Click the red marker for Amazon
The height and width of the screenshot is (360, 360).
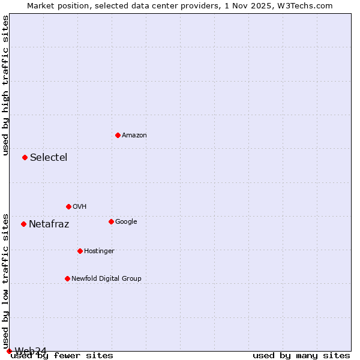point(118,135)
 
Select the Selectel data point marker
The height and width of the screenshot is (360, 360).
point(25,157)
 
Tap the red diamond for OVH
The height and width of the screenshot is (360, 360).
point(68,206)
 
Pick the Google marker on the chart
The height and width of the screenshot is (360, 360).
point(111,221)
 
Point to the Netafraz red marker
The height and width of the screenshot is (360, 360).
point(23,224)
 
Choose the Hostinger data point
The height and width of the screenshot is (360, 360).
point(80,251)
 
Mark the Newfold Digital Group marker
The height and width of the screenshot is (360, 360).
point(67,278)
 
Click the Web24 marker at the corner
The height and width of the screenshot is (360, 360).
point(9,351)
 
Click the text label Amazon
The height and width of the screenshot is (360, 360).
point(134,136)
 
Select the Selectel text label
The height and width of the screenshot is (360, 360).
point(49,158)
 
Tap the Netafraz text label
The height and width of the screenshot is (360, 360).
point(49,224)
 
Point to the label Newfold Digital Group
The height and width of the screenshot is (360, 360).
point(107,278)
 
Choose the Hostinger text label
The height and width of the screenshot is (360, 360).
point(99,251)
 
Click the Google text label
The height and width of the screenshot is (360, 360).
point(126,222)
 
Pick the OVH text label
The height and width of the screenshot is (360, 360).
point(80,207)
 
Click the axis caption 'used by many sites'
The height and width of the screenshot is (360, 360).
point(301,356)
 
